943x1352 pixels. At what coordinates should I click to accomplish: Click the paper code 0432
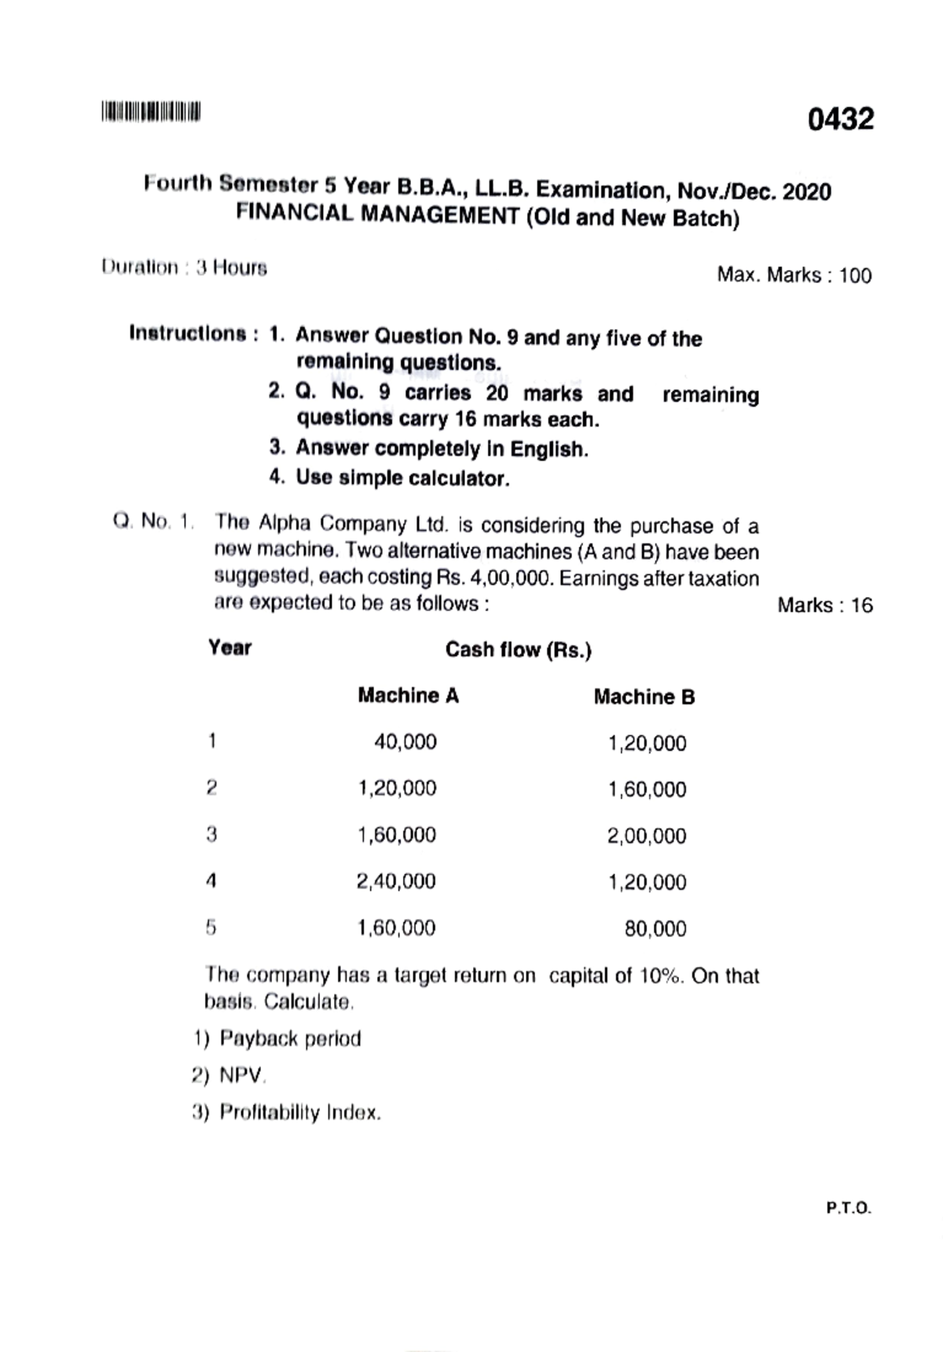click(839, 119)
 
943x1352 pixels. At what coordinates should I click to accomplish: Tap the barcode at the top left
click(150, 112)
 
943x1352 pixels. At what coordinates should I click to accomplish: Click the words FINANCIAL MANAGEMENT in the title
click(377, 214)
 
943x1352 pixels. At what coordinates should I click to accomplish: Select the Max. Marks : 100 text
click(794, 276)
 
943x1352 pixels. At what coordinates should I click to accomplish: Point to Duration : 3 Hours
click(185, 268)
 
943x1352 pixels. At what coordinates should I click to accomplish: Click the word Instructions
click(188, 334)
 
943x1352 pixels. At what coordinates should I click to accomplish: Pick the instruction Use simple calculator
click(402, 478)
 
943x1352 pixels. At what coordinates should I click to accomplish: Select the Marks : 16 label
click(824, 606)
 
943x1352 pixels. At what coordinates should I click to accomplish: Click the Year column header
click(229, 648)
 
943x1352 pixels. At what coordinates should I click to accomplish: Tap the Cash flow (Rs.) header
click(518, 650)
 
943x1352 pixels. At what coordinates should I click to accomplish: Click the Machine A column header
click(408, 696)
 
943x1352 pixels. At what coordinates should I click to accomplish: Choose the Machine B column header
click(644, 698)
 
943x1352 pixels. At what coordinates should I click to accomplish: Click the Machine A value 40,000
click(405, 742)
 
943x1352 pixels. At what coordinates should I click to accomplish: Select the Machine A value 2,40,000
click(396, 881)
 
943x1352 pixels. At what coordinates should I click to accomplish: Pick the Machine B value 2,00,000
click(646, 837)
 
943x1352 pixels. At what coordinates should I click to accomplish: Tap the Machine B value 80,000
click(655, 929)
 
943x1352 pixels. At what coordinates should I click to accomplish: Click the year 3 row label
click(211, 834)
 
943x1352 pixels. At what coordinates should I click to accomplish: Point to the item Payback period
click(289, 1039)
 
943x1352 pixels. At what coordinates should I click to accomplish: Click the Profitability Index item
click(299, 1113)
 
